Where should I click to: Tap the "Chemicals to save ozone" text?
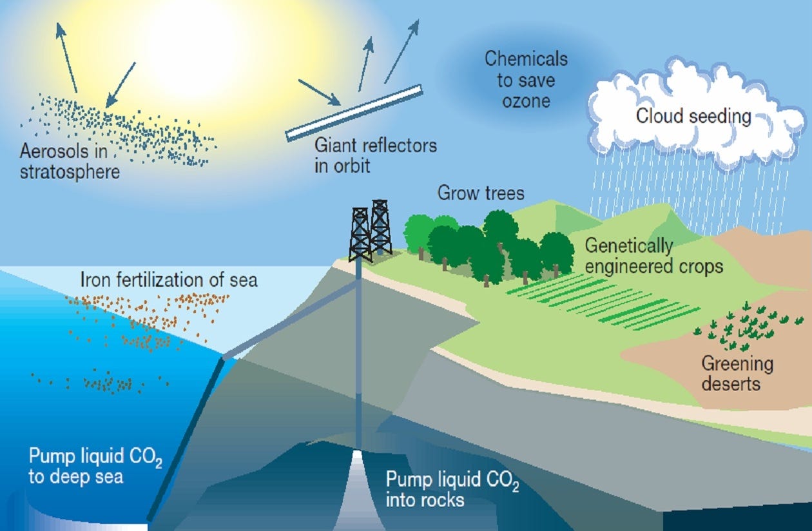[525, 80]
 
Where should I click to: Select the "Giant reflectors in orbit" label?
[375, 155]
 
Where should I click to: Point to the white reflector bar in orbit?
[354, 112]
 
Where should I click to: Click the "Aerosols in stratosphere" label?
[70, 162]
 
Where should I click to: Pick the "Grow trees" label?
[481, 193]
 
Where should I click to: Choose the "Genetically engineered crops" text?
[653, 256]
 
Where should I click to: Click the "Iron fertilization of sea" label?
[169, 280]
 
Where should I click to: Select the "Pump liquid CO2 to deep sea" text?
[95, 467]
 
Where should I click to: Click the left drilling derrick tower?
[360, 235]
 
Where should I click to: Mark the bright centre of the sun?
[187, 45]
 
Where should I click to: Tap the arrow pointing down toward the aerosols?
[121, 84]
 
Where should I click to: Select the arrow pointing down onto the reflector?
[319, 92]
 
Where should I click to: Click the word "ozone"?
[526, 101]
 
